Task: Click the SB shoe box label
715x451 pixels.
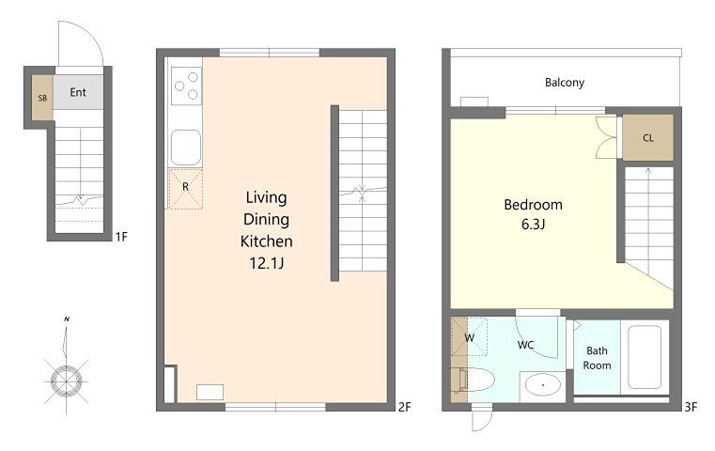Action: coord(42,98)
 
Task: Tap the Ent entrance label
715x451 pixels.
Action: coord(78,93)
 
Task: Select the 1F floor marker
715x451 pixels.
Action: coord(121,237)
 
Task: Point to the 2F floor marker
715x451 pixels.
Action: coord(405,407)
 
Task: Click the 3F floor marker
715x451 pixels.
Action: coord(691,407)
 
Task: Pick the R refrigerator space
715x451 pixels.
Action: coord(186,189)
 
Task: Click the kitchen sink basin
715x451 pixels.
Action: coord(186,148)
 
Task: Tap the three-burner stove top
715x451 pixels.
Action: coord(187,86)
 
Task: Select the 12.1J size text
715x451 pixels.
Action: coord(267,263)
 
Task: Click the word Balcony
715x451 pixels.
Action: coord(565,83)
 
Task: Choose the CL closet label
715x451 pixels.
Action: coord(648,138)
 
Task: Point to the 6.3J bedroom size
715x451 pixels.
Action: coord(533,225)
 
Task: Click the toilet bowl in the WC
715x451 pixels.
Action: coord(478,381)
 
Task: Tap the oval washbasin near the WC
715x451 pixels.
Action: coord(543,385)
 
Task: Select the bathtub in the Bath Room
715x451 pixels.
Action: coord(645,357)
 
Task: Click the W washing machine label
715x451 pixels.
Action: coord(469,338)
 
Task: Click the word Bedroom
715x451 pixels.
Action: coord(533,205)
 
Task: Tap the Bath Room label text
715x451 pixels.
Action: coord(597,358)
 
